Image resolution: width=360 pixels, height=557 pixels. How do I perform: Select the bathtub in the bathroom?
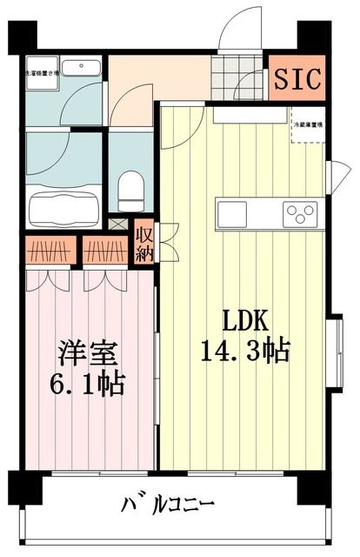click(63, 210)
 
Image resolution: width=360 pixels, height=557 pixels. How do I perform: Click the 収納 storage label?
click(143, 243)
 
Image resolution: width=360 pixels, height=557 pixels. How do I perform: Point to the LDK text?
click(246, 319)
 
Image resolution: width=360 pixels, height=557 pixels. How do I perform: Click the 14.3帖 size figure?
click(246, 351)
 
